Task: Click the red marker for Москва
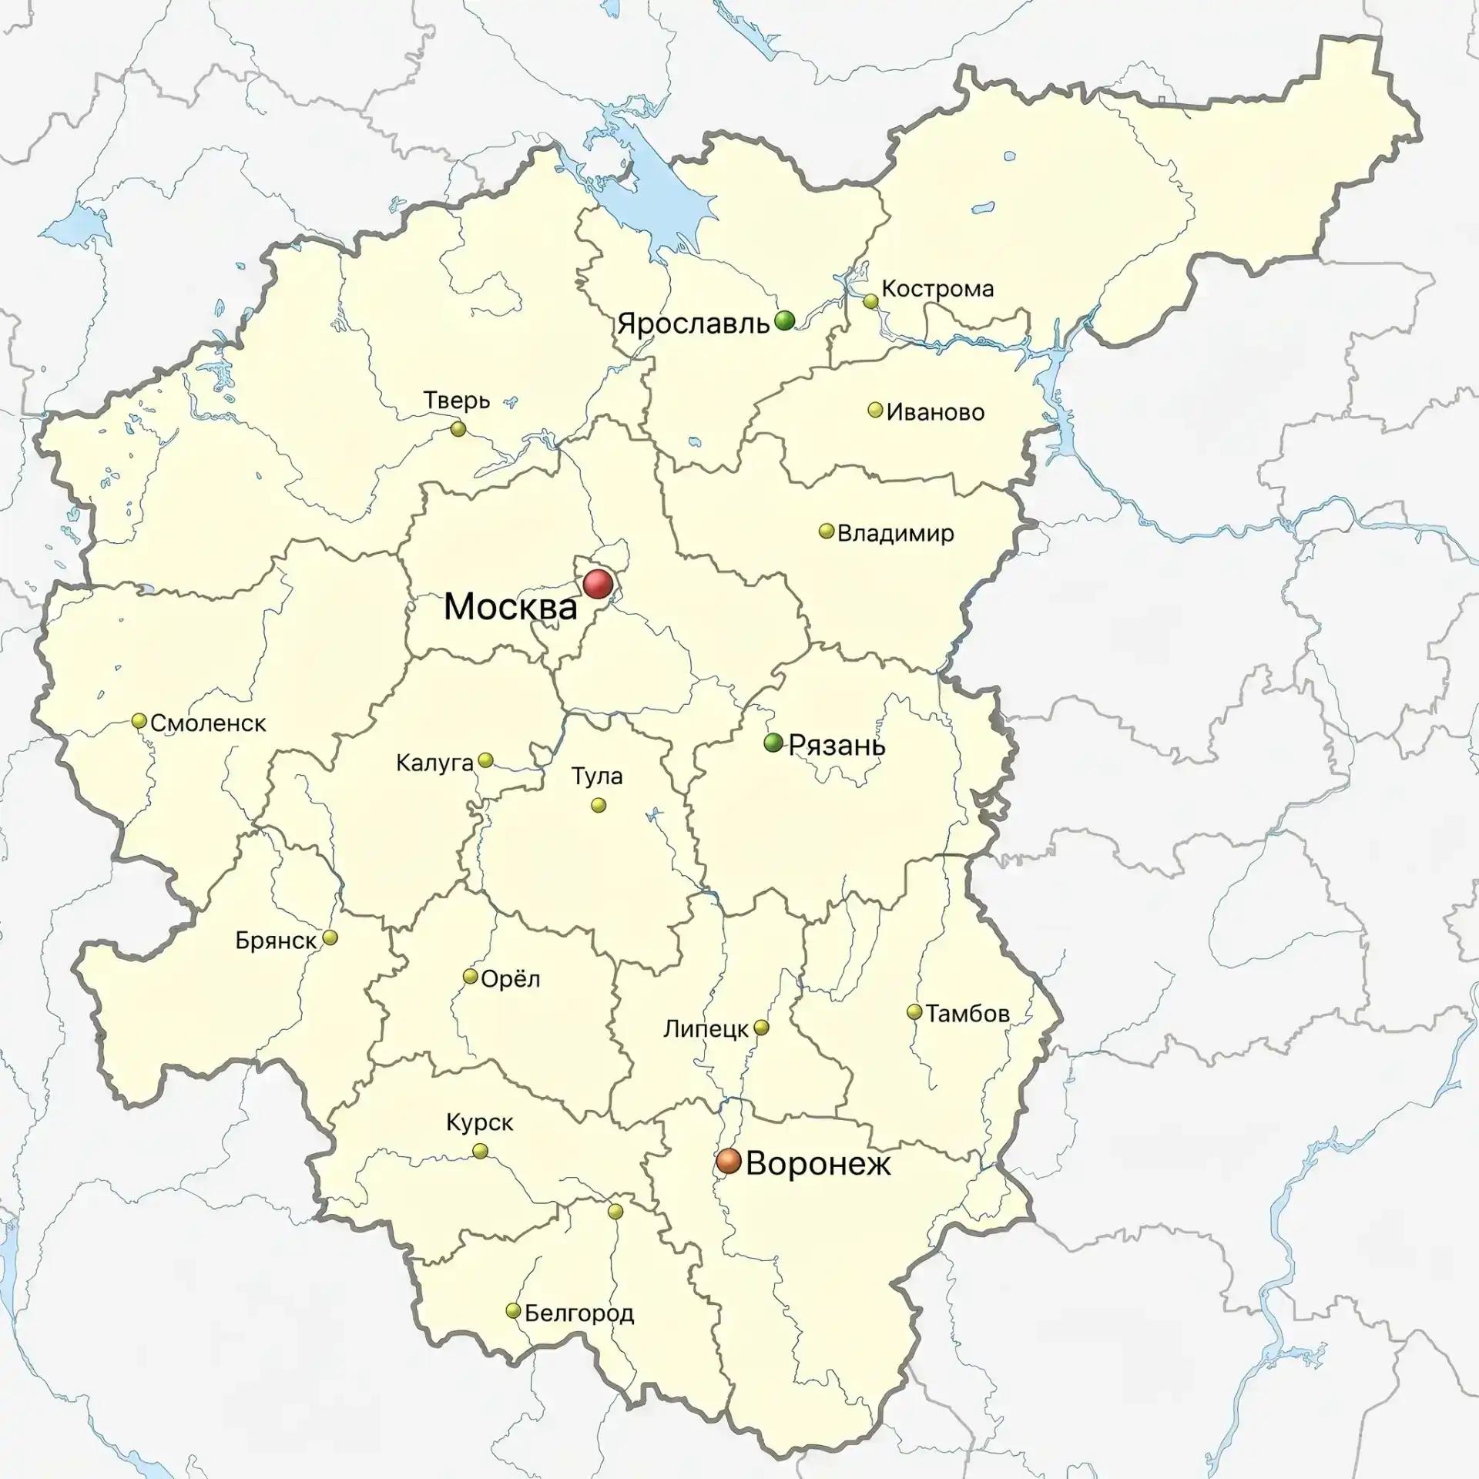tap(598, 585)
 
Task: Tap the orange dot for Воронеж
tap(728, 1161)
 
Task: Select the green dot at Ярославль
tap(784, 320)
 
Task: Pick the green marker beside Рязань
tap(773, 743)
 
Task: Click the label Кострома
tap(937, 289)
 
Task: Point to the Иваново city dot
tap(875, 410)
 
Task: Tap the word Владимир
tap(895, 533)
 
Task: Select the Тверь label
tap(457, 401)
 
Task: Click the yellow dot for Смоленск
tap(139, 721)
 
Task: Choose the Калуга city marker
tap(485, 760)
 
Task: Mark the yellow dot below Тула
tap(598, 805)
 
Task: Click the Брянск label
tap(276, 941)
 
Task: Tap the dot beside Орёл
tap(470, 977)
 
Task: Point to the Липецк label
tap(706, 1028)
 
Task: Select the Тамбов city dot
tap(914, 1012)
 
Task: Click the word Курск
tap(479, 1122)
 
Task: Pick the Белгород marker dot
tap(513, 1311)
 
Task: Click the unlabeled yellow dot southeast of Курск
tap(615, 1212)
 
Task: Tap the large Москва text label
tap(511, 607)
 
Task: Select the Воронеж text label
tap(818, 1163)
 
